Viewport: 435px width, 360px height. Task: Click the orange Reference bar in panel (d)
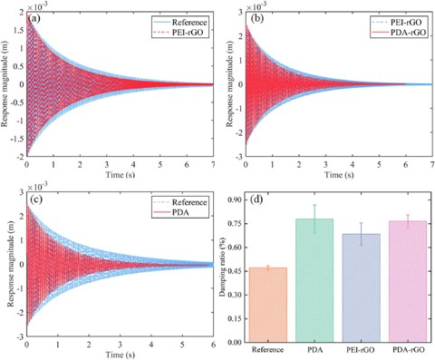(x=268, y=305)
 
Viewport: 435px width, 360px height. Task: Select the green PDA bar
(x=314, y=280)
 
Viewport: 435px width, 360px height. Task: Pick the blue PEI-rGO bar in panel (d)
(x=361, y=288)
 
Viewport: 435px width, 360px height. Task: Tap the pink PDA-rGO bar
(x=408, y=282)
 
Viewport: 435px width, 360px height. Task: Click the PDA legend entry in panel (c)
(x=180, y=212)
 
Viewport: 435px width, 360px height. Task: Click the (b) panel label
(x=257, y=19)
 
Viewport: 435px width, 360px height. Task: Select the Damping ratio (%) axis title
(x=223, y=270)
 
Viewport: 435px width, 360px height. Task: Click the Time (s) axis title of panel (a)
(x=120, y=175)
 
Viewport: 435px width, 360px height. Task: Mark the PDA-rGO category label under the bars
(x=409, y=350)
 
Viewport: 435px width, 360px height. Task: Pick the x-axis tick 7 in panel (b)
(x=432, y=165)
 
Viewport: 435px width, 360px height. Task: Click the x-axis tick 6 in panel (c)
(x=213, y=345)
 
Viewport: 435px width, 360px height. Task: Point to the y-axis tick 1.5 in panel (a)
(x=20, y=31)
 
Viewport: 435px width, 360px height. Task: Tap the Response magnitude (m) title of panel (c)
(x=10, y=264)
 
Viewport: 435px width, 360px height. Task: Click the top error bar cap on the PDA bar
(x=314, y=205)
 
